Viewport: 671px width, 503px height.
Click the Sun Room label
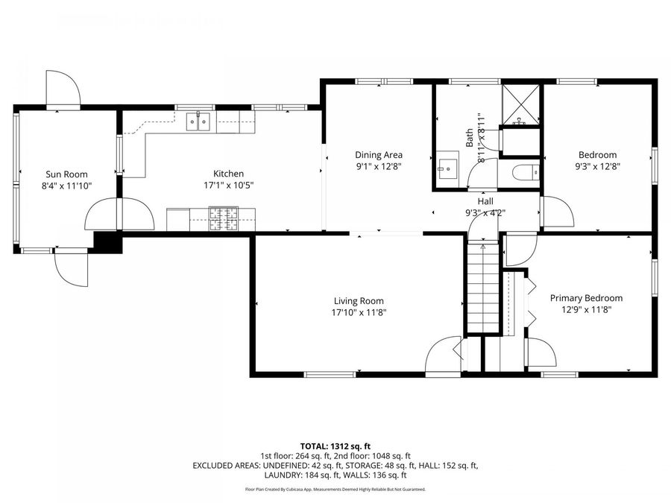(x=65, y=174)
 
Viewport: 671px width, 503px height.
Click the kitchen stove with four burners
(x=222, y=219)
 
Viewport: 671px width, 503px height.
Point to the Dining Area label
(x=378, y=155)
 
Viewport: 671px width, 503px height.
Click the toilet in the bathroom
(x=523, y=173)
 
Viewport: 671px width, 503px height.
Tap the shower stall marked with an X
(x=520, y=104)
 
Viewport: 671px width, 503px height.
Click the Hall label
(x=485, y=201)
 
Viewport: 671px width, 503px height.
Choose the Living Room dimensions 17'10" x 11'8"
(x=359, y=312)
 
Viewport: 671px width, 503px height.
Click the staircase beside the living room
(x=482, y=287)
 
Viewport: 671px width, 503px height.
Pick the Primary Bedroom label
(x=586, y=298)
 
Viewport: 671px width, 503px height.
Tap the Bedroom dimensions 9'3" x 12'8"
(x=597, y=167)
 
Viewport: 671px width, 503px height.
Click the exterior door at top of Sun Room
(x=63, y=89)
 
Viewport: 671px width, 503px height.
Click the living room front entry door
(x=444, y=354)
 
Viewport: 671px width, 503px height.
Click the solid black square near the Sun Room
(x=108, y=242)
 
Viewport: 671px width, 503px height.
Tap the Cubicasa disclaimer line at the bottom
(x=335, y=490)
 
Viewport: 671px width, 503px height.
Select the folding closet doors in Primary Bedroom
(x=530, y=303)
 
